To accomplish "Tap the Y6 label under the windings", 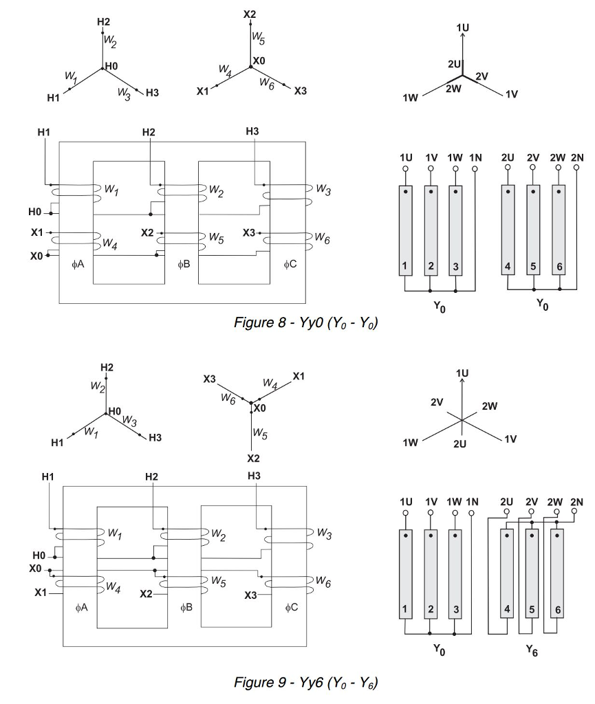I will (x=533, y=652).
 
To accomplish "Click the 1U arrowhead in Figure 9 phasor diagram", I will (x=462, y=382).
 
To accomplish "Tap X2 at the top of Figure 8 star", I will (x=249, y=14).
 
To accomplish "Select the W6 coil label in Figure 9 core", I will (x=322, y=583).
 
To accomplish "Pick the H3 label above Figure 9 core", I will (x=253, y=475).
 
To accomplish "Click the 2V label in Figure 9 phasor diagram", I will (x=437, y=401).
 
